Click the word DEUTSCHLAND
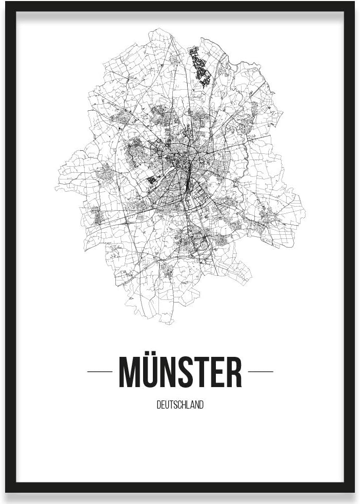[x=180, y=405]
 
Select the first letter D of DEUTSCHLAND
[x=158, y=405]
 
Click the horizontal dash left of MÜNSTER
[x=99, y=371]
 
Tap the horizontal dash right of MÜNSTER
[x=261, y=371]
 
